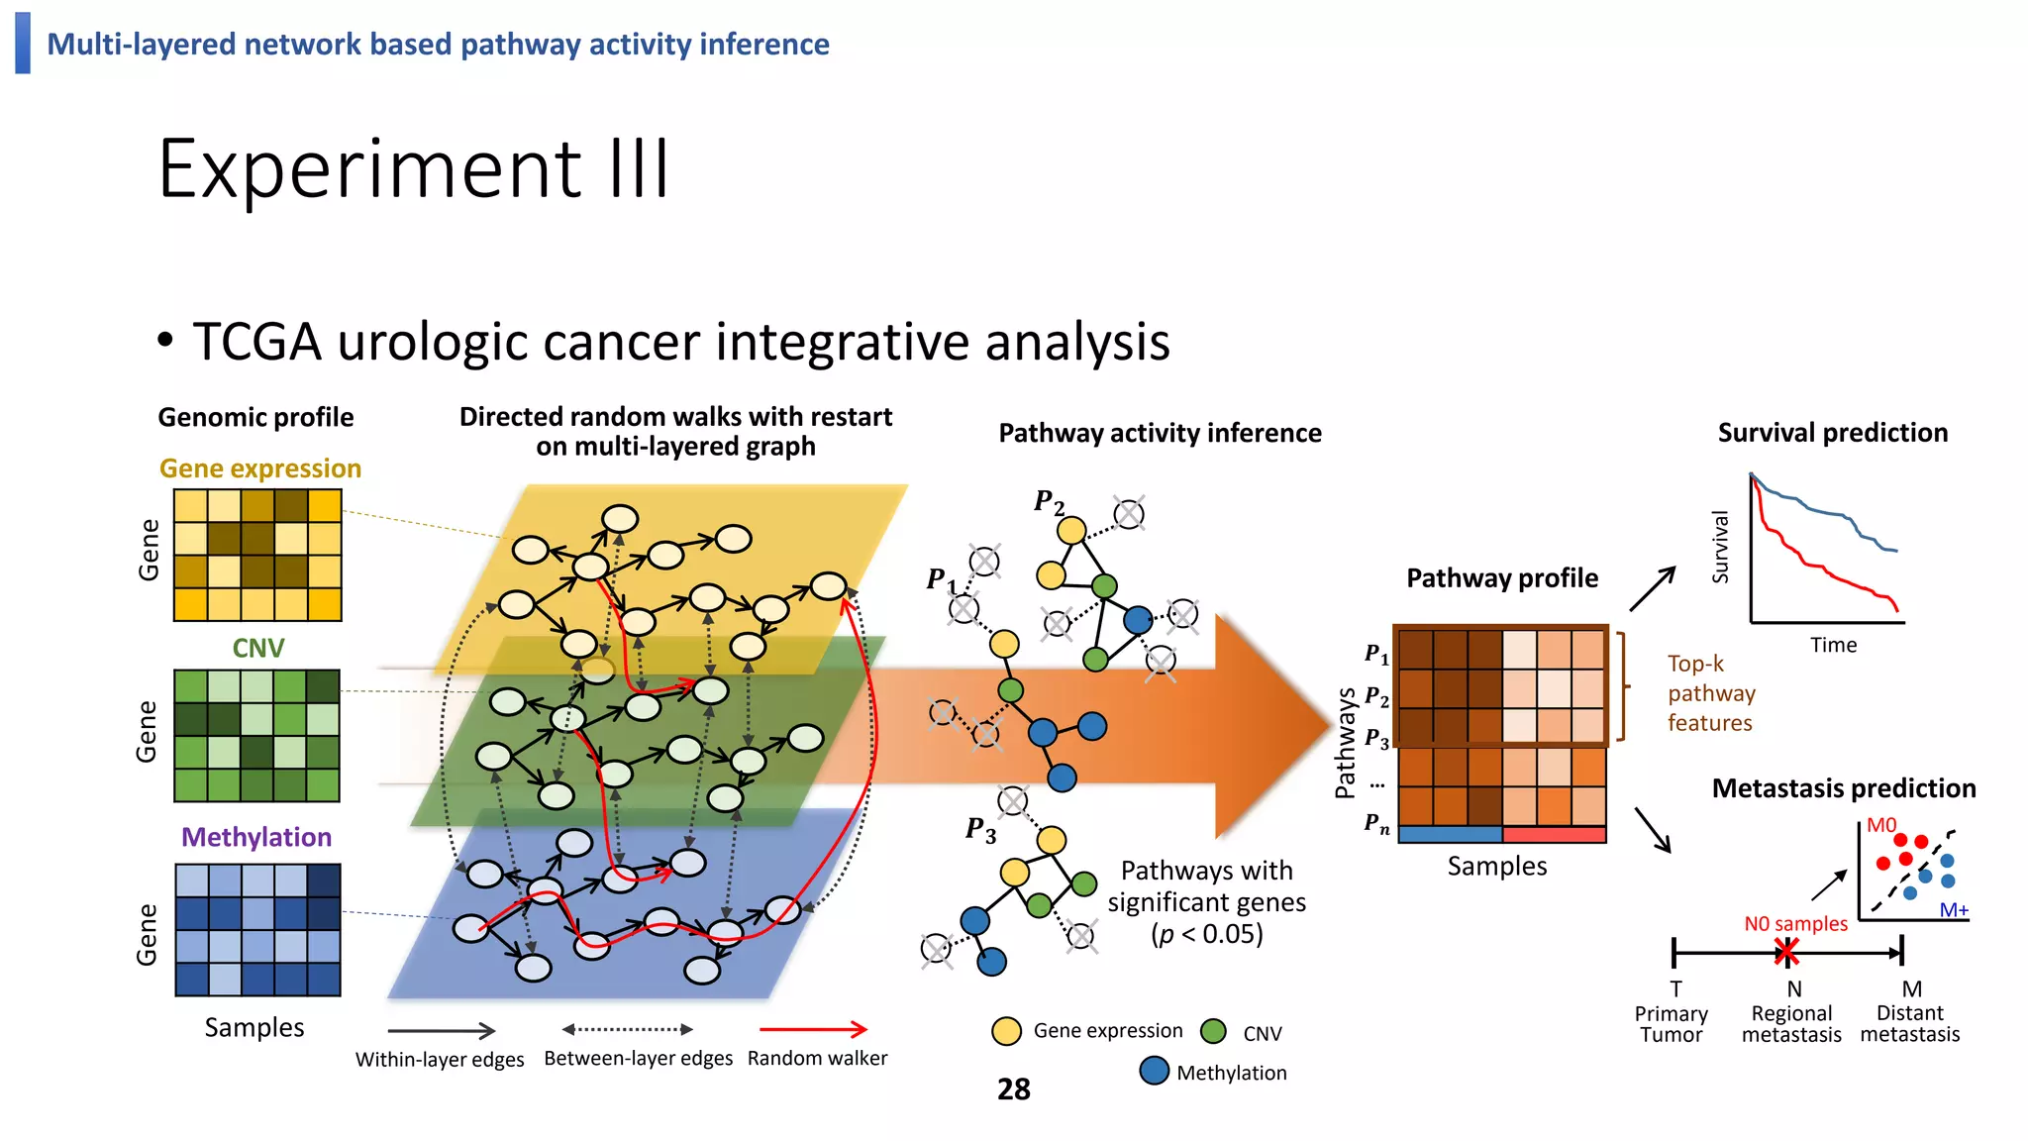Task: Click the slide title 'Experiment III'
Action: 414,169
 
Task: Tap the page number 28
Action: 1013,1089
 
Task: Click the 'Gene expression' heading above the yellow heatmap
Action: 260,468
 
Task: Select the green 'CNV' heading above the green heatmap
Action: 257,648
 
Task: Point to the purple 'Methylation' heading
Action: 256,837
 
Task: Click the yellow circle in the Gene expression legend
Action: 1006,1031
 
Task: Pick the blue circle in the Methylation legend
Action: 1154,1071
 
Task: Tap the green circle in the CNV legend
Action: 1213,1032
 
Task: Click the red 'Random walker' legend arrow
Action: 813,1030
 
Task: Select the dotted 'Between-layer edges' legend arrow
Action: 627,1029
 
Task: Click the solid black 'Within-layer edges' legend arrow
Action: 441,1031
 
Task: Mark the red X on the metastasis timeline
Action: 1786,953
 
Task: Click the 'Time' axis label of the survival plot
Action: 1833,645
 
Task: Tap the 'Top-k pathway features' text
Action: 1710,693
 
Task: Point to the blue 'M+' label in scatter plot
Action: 1953,909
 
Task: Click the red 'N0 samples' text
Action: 1795,923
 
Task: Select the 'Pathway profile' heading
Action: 1502,578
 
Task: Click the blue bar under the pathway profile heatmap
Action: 1450,834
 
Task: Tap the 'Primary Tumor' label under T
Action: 1671,1024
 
